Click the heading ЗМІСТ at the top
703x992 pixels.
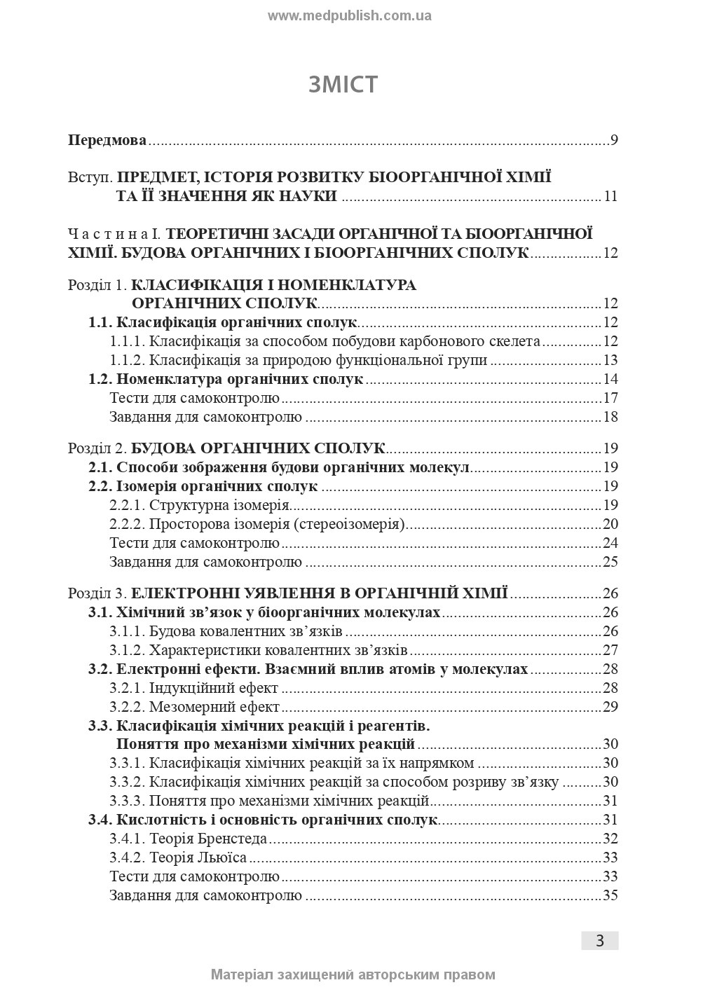[343, 84]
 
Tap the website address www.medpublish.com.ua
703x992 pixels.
[350, 15]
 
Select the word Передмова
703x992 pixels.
[107, 140]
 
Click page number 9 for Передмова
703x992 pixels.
[614, 140]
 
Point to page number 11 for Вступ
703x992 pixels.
[610, 196]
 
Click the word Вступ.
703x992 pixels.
[88, 177]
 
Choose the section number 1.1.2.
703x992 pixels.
[127, 361]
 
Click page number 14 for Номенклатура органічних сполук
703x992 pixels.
[610, 380]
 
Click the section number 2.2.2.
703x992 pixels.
[127, 524]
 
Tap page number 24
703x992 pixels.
[610, 543]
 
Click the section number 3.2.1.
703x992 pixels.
[127, 688]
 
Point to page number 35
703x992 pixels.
[610, 895]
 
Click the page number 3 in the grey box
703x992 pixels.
[600, 941]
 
